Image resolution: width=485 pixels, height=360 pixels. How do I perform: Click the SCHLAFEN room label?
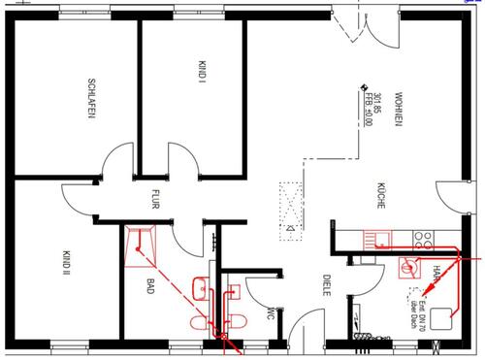[x=90, y=99]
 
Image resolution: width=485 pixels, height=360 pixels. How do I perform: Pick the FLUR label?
[x=153, y=201]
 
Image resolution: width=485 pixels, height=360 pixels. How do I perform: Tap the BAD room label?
[x=150, y=290]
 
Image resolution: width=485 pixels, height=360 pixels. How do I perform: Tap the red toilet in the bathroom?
[x=202, y=321]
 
